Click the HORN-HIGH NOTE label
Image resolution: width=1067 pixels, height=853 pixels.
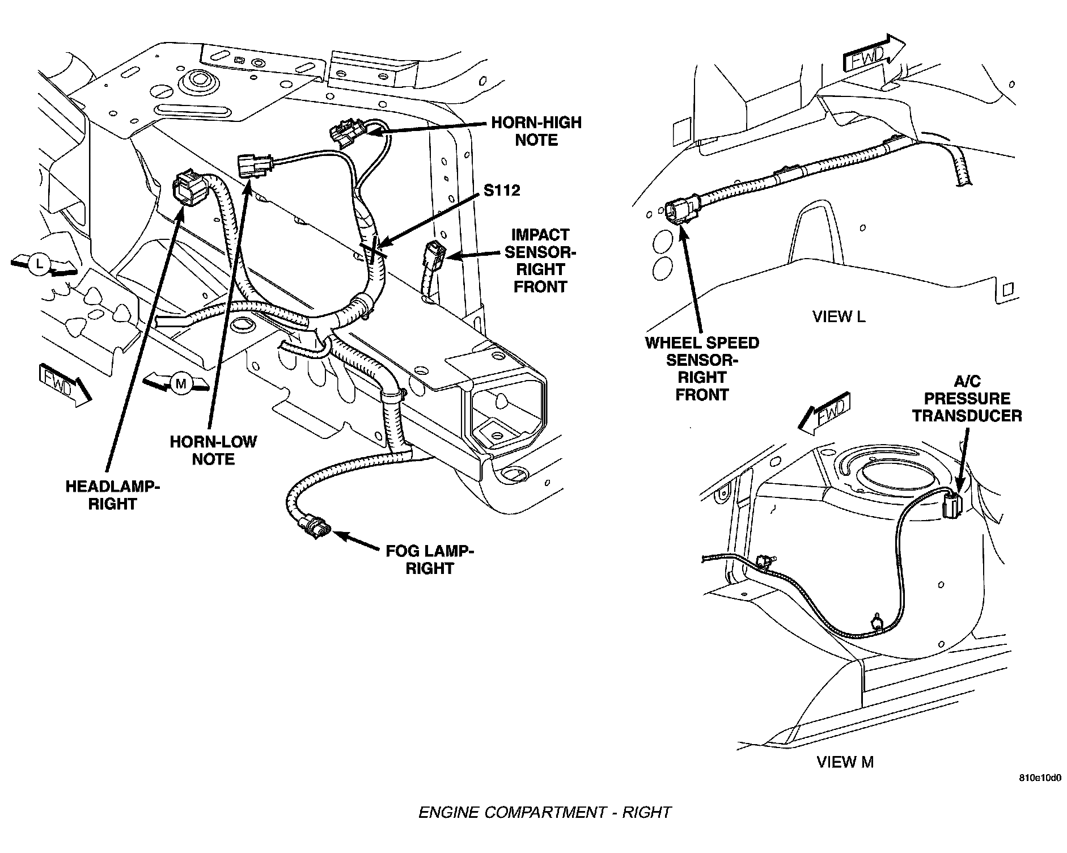(536, 131)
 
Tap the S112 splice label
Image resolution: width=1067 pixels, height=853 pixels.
(502, 190)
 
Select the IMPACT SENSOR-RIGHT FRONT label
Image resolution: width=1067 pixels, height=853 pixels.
(540, 260)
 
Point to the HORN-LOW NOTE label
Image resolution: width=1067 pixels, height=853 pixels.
(213, 450)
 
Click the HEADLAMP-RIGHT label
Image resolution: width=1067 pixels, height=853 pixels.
(112, 495)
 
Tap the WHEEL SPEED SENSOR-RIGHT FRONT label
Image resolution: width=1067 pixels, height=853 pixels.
(702, 369)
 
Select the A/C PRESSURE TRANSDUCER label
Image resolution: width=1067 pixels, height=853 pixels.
(967, 399)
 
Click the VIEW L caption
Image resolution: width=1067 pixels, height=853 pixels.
(839, 316)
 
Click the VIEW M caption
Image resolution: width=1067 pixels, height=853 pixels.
(845, 762)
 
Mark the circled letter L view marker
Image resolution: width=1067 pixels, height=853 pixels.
(39, 264)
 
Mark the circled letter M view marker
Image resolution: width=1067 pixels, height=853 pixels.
(181, 384)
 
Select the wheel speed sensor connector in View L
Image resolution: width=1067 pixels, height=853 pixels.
(678, 211)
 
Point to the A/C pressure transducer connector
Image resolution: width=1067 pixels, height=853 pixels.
(952, 504)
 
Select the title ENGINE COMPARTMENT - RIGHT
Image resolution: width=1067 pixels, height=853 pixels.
(544, 812)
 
